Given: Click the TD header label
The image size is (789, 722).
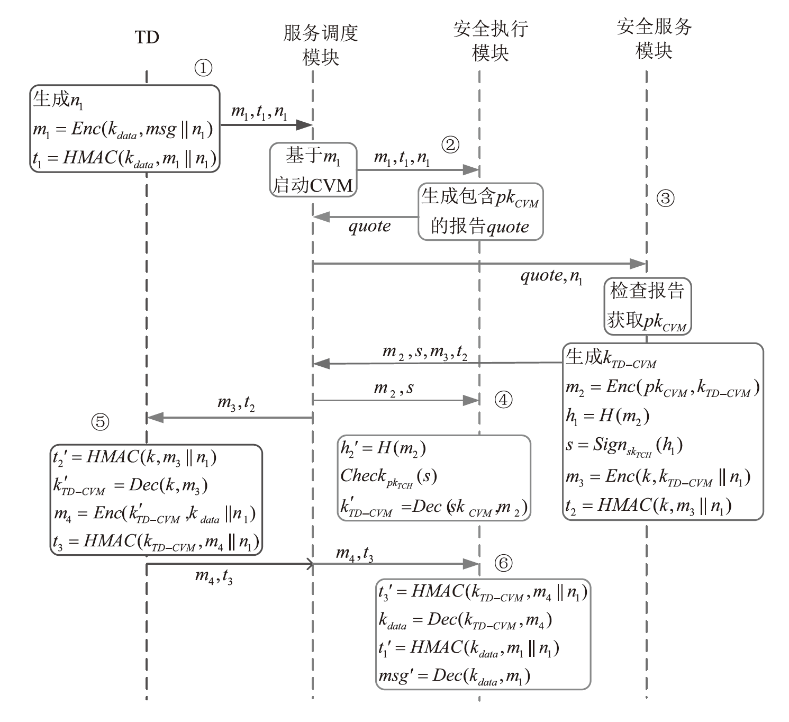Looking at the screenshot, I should point(147,37).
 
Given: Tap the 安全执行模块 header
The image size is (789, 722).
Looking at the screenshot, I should point(491,40).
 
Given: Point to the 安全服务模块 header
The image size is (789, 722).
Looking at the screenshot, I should point(654,39).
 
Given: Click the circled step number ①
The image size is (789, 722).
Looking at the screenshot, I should point(203,68).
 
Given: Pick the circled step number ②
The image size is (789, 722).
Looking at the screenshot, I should point(450,145).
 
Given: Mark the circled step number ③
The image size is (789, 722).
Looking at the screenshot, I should point(665,198).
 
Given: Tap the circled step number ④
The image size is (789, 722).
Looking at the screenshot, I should point(503,400).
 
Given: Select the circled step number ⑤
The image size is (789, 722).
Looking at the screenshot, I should point(100,422).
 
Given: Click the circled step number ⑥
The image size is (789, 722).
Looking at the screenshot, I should point(503,563).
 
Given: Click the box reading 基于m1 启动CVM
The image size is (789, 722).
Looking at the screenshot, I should point(313,170).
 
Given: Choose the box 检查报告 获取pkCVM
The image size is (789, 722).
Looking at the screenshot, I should point(647,306).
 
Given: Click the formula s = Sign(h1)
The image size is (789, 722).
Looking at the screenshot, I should point(624,446).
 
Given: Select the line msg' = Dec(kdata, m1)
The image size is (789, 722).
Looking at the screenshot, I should point(454,675).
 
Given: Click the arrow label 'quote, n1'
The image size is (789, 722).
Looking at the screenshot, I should point(551,276).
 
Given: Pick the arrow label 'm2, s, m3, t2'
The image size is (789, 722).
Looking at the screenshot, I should point(424,353).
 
